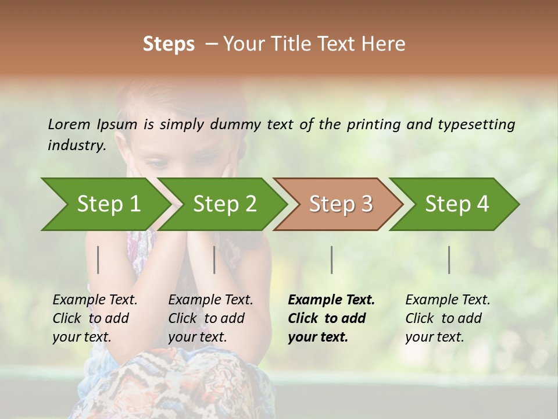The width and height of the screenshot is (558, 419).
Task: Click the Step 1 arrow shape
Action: [105, 204]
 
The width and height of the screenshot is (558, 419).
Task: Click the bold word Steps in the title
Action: [169, 44]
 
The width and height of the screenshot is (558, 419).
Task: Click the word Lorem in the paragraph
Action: [69, 124]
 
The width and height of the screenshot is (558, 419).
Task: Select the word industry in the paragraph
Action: [76, 145]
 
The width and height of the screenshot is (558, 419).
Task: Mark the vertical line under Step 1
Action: [98, 260]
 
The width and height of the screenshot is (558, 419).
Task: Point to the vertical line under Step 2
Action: [214, 260]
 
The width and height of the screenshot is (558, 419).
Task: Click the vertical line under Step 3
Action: [331, 260]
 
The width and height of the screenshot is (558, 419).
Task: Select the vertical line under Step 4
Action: [449, 260]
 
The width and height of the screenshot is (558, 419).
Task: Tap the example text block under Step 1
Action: [95, 318]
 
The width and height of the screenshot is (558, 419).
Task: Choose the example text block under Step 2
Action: [210, 318]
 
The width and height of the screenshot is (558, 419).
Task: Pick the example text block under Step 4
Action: [448, 318]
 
